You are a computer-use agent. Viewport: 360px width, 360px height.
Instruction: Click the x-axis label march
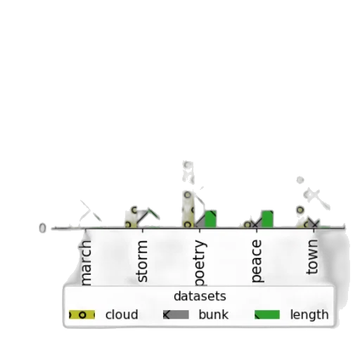coord(85,263)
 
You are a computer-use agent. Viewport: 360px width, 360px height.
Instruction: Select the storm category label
coord(142,261)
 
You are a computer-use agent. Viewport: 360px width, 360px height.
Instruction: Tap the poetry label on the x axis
coord(200,263)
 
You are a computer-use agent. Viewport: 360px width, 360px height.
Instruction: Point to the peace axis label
coord(257,261)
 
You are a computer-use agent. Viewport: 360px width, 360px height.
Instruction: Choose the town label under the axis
coord(312,257)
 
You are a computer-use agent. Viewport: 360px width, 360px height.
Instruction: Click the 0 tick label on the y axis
coord(42,228)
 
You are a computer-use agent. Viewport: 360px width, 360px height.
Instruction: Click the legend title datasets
coord(200,296)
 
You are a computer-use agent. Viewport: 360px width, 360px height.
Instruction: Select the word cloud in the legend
coord(122,314)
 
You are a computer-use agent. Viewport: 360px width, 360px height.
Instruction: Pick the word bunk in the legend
coord(213,314)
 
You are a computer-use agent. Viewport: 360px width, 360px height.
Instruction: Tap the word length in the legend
coord(309,314)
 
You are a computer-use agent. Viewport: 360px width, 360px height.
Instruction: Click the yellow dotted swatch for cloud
coord(82,315)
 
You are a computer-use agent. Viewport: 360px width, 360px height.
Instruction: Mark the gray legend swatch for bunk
coord(176,315)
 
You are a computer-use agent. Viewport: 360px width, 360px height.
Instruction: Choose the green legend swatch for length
coord(267,315)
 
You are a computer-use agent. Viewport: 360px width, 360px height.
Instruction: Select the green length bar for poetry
coord(210,219)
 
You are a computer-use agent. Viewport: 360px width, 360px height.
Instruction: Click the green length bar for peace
coord(267,219)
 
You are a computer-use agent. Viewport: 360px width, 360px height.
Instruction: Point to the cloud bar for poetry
coord(188,209)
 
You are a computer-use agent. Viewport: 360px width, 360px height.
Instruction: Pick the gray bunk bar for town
coord(314,223)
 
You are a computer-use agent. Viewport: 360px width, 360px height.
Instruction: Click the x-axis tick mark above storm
coord(143,230)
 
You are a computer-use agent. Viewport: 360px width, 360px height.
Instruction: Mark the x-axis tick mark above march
coord(85,230)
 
